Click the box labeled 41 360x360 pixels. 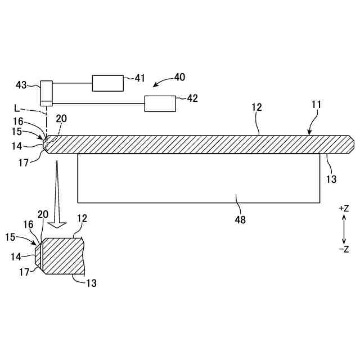click(x=107, y=83)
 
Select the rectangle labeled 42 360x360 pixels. click(x=160, y=103)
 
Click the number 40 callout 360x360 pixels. click(x=179, y=77)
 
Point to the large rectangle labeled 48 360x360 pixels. click(x=198, y=178)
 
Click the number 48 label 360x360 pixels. click(x=240, y=219)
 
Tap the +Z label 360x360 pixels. click(x=344, y=208)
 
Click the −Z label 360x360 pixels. click(x=344, y=249)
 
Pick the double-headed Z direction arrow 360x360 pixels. click(x=344, y=228)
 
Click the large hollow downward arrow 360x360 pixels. click(x=56, y=194)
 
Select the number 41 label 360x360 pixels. click(x=139, y=78)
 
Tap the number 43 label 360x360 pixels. click(x=21, y=84)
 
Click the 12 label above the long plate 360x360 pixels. click(x=258, y=107)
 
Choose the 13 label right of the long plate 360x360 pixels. click(x=331, y=179)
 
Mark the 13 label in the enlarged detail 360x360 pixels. click(x=91, y=283)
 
